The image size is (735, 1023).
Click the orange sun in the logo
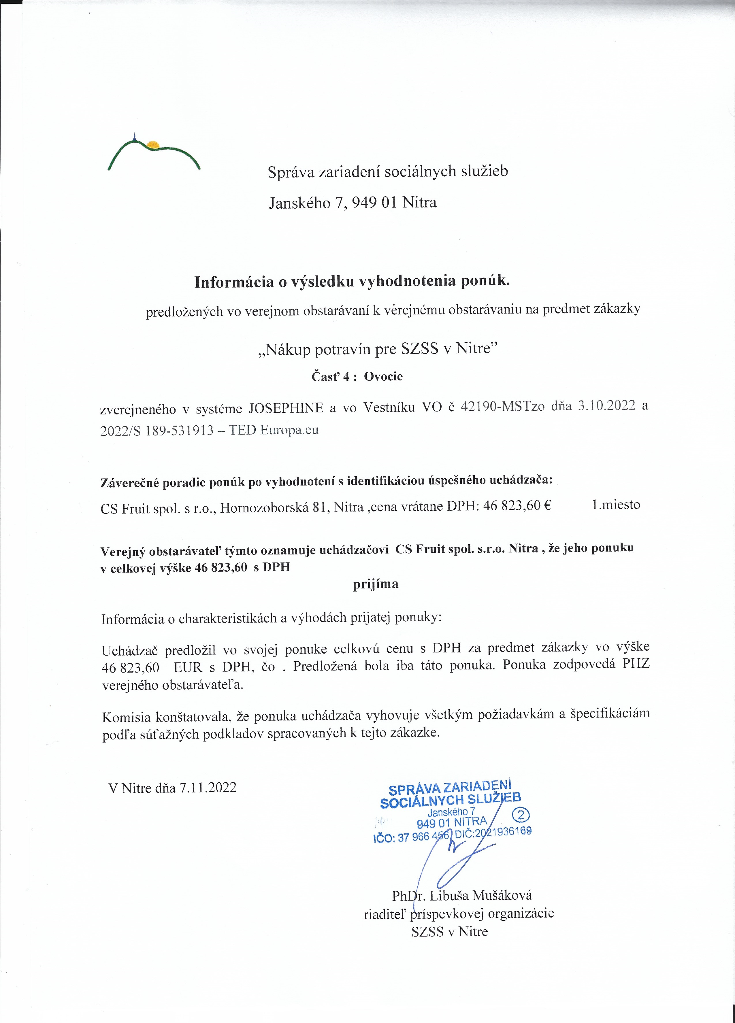(x=153, y=144)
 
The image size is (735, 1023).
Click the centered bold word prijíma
(x=375, y=584)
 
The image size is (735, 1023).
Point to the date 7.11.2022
(x=208, y=788)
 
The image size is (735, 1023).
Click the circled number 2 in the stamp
(x=522, y=815)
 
